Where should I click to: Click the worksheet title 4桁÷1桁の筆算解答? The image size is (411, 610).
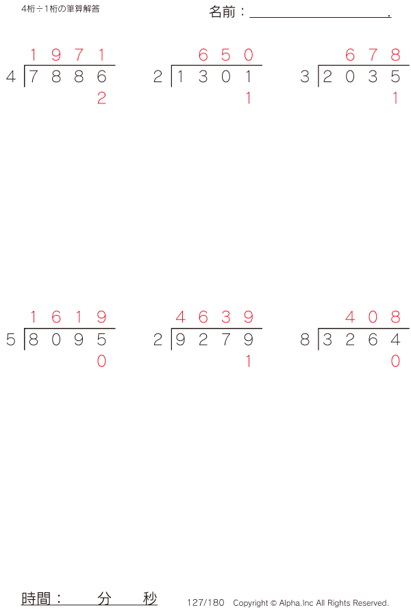tap(60, 9)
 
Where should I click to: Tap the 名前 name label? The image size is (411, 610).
tap(222, 12)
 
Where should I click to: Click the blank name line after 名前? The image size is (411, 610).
tap(320, 17)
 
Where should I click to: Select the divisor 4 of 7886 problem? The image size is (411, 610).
tap(11, 77)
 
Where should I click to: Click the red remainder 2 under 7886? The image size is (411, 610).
tap(101, 98)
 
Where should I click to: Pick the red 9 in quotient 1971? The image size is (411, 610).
tap(56, 55)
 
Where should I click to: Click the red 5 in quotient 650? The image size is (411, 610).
tap(226, 55)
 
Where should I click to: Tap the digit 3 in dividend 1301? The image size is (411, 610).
tap(203, 77)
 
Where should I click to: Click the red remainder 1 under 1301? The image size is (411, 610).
tap(248, 98)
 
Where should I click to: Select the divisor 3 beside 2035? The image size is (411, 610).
tap(305, 77)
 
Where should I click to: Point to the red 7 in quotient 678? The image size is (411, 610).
tap(373, 55)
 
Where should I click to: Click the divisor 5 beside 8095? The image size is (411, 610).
tap(11, 340)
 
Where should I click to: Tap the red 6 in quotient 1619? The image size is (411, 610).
tap(56, 317)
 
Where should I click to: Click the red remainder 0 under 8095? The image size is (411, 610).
tap(101, 361)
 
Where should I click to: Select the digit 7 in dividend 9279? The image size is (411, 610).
tap(226, 340)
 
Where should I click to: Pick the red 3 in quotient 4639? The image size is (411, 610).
tap(226, 317)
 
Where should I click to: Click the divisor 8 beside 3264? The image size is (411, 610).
tap(305, 340)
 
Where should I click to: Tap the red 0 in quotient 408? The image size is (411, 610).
tap(373, 317)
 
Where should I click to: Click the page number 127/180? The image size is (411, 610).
tap(206, 602)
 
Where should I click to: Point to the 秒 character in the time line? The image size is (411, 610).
tap(150, 598)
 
